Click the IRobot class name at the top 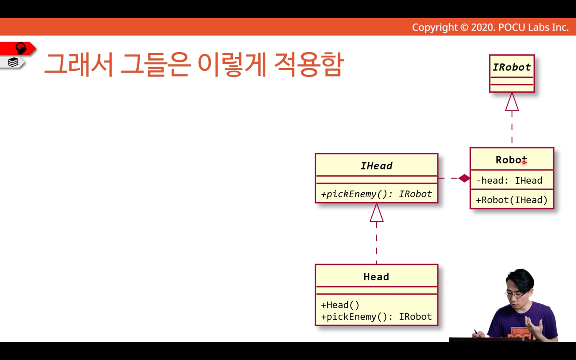(x=512, y=67)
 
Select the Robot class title (x=511, y=160)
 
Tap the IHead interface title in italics (x=376, y=166)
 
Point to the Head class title (x=376, y=277)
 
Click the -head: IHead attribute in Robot (x=509, y=181)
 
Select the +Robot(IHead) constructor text (x=512, y=200)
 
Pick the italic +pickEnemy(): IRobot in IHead (x=376, y=194)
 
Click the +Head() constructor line (x=340, y=305)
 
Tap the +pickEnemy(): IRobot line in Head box (x=376, y=317)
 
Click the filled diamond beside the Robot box (x=464, y=178)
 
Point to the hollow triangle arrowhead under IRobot (x=512, y=102)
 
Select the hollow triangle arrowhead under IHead (x=376, y=213)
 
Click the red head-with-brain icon (x=21, y=48)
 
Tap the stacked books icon (x=13, y=62)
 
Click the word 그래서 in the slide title (x=79, y=64)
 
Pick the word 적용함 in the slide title (x=309, y=64)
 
